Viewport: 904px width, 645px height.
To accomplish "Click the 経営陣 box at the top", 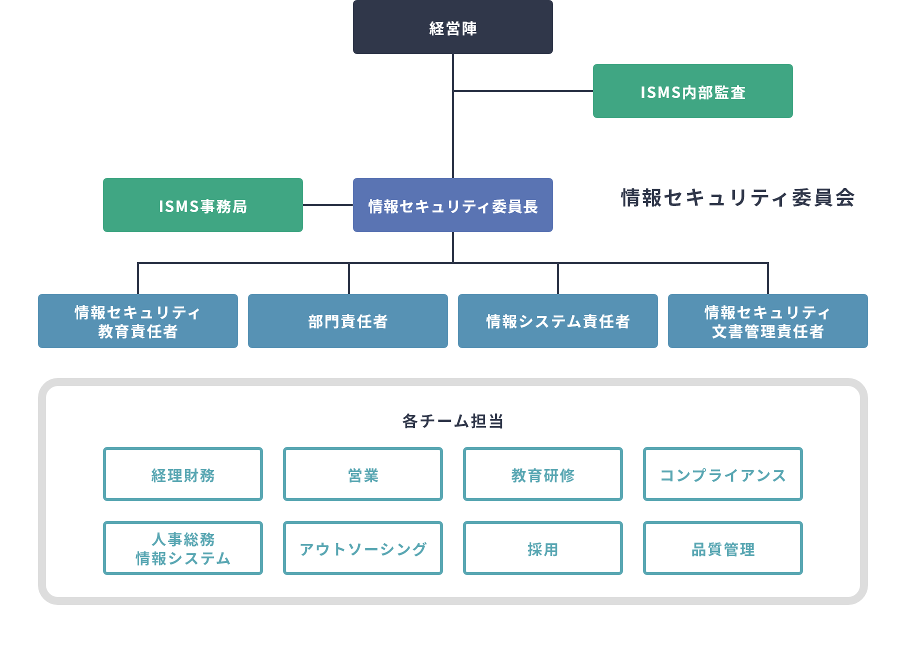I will tap(452, 27).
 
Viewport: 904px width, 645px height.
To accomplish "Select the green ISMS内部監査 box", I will tap(692, 91).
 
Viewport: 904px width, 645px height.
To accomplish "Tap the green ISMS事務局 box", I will tap(202, 205).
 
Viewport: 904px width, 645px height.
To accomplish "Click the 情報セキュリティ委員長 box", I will tap(452, 205).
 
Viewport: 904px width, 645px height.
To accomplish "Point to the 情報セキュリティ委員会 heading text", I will tap(737, 197).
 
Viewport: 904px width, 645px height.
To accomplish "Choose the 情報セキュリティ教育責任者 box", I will tap(137, 321).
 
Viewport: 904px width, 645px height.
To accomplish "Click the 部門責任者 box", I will tap(347, 321).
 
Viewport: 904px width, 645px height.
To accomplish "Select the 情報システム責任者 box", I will tap(557, 321).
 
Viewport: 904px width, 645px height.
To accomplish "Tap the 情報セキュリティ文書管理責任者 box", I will tap(767, 321).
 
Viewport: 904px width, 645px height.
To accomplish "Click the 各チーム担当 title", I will tap(452, 421).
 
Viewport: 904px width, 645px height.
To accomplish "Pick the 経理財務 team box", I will tap(182, 474).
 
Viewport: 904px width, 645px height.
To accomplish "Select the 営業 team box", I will tap(362, 474).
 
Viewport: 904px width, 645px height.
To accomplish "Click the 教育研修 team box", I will tap(542, 474).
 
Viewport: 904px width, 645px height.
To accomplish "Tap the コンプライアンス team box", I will tap(722, 474).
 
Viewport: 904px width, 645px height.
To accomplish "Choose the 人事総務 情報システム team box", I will tap(182, 548).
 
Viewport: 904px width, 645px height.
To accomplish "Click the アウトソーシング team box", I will tap(362, 548).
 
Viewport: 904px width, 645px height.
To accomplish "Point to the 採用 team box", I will tap(542, 548).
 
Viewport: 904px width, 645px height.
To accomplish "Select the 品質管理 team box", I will tap(722, 548).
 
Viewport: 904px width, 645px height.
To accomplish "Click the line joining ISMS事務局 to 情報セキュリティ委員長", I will tap(327, 205).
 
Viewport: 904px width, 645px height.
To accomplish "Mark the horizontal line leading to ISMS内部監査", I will tap(522, 91).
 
